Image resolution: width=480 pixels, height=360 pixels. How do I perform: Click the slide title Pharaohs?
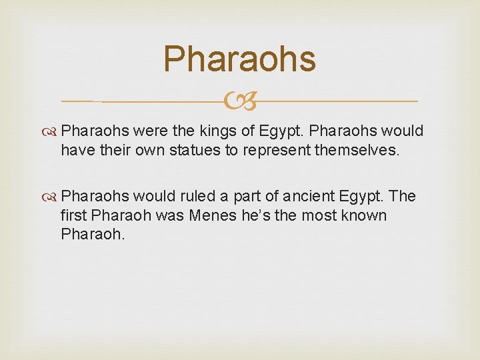[239, 59]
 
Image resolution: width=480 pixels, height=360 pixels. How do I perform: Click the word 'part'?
[249, 197]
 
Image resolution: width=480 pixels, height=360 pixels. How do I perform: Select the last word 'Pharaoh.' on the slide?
[92, 235]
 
